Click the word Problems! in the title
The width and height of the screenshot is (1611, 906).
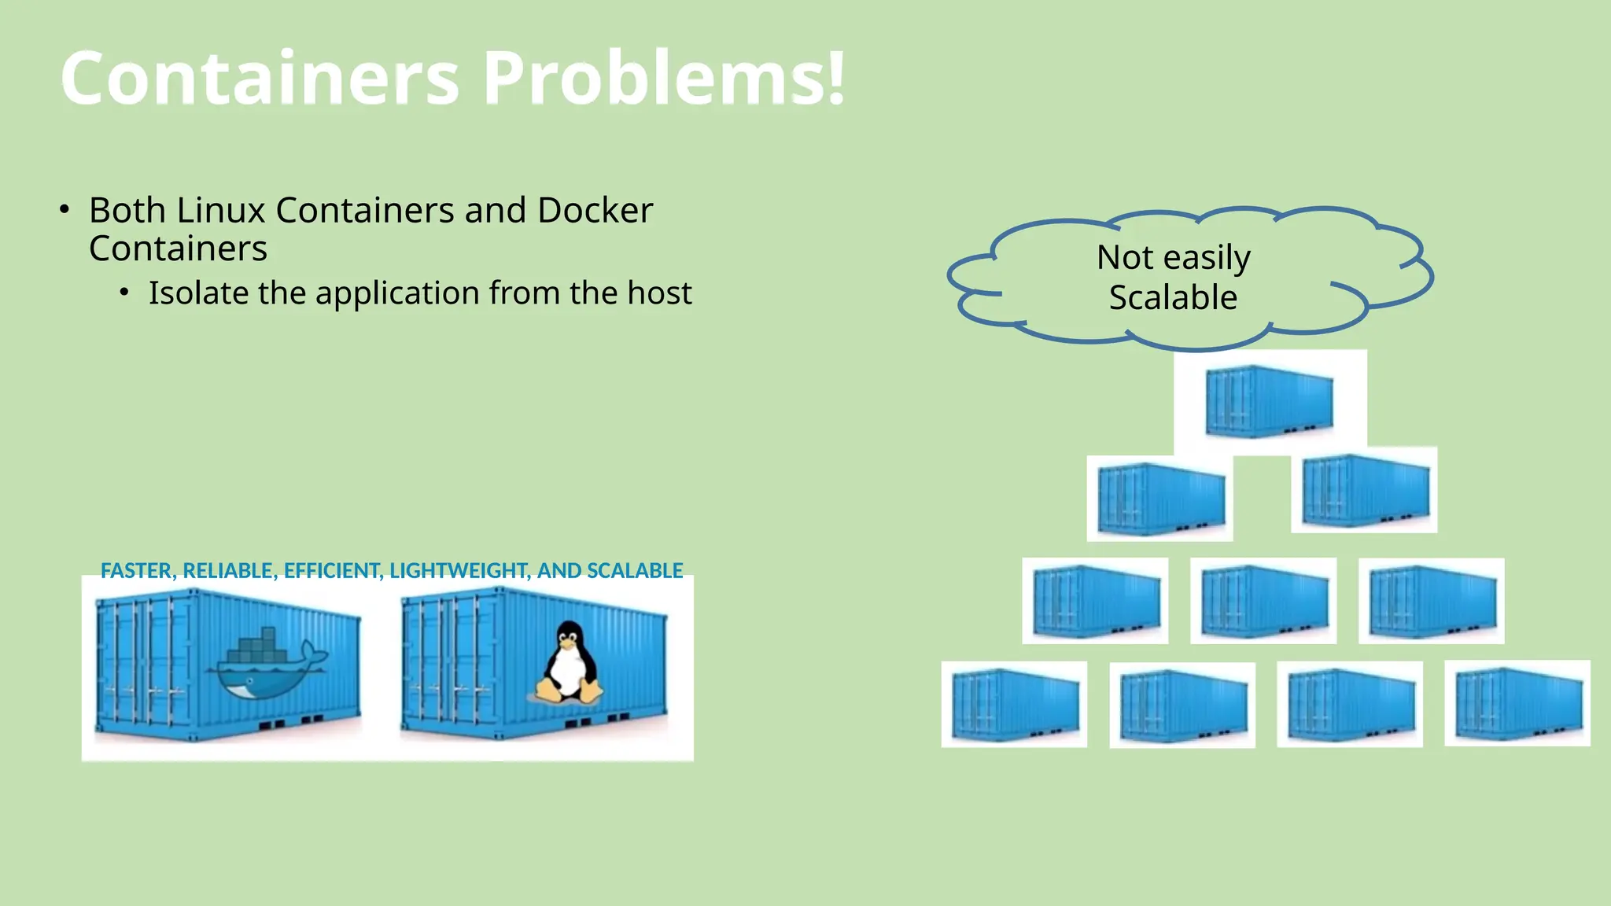tap(663, 78)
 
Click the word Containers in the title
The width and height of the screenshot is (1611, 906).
tap(260, 78)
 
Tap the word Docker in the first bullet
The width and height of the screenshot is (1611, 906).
tap(595, 211)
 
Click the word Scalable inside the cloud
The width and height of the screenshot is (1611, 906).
tap(1173, 298)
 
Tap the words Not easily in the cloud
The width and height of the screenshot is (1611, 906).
tap(1173, 258)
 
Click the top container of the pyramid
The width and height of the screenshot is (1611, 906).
tap(1269, 401)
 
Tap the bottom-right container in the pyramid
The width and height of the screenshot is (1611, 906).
tap(1517, 703)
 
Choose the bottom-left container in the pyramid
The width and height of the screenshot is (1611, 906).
tap(1014, 704)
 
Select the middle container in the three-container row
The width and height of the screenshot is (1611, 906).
tap(1263, 601)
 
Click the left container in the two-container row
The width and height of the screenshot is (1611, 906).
tap(1160, 499)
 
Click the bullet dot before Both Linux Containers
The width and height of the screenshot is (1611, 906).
tap(65, 210)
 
